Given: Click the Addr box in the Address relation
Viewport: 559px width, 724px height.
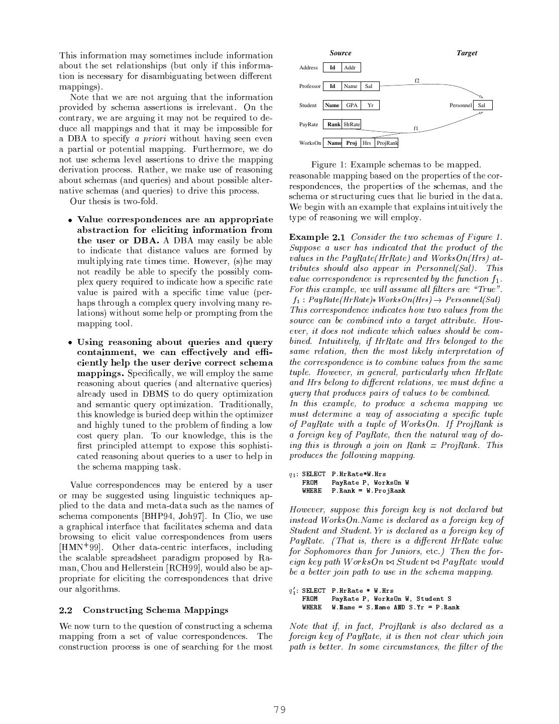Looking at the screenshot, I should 351,68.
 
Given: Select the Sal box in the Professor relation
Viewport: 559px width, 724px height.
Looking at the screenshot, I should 369,86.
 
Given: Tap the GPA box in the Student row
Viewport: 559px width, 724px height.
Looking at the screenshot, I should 352,106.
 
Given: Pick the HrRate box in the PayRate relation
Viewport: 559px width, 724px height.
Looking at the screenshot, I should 352,124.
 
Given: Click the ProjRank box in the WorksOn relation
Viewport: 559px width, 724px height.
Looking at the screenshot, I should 387,143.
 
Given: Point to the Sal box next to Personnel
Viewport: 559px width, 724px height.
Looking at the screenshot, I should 482,106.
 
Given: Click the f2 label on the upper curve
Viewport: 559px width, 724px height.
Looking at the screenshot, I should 417,80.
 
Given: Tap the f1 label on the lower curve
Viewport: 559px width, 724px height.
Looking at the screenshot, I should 416,129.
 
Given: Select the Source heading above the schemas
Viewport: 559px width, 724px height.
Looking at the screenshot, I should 341,53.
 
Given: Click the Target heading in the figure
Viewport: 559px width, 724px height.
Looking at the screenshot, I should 467,53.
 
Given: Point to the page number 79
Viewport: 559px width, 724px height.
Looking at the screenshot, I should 280,710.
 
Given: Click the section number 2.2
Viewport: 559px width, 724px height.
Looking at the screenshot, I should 66,610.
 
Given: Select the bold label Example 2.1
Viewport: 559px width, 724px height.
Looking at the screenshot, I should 317,237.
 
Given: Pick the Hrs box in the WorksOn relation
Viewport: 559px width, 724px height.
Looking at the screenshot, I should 367,143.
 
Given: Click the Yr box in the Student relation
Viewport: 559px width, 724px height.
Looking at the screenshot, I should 370,106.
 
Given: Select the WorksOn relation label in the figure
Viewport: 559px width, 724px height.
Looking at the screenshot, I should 310,143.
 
